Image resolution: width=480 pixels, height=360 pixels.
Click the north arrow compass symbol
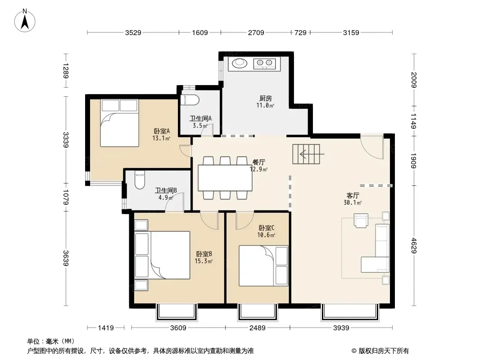25,20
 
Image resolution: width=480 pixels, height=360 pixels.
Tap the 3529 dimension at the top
133,32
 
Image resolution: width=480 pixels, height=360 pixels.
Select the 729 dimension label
300,32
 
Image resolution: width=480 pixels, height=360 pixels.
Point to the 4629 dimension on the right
413,246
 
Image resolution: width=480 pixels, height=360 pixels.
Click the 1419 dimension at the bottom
106,328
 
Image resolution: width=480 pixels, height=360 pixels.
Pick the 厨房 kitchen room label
265,98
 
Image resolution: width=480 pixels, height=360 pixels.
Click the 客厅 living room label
353,195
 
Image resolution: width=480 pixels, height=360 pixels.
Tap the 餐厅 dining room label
258,162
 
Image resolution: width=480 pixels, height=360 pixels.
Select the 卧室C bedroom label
266,228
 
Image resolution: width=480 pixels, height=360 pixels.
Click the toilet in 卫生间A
190,100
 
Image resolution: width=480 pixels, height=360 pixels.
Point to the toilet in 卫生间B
140,180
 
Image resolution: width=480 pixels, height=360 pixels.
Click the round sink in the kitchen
240,63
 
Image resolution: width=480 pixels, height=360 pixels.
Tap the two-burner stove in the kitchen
264,63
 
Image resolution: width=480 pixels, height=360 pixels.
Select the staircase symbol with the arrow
306,154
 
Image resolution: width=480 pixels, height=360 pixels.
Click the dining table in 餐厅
225,178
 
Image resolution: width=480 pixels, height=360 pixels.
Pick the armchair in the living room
361,220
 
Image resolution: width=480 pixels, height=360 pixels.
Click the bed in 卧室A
119,123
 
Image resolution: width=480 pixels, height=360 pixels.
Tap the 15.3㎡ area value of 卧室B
204,261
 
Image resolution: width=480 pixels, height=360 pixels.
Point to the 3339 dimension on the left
65,140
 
